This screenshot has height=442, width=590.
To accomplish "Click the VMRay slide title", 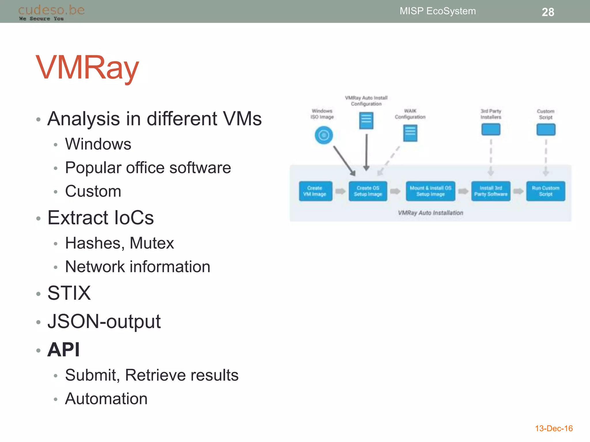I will [x=87, y=68].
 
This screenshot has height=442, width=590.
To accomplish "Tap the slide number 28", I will [x=548, y=12].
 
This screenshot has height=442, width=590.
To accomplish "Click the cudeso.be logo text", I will [x=51, y=10].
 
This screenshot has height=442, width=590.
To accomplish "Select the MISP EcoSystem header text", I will [x=437, y=11].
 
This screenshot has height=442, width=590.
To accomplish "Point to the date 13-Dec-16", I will [x=553, y=428].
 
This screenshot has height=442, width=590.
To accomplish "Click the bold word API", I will [x=63, y=350].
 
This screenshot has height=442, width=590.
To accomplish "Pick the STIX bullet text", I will [x=69, y=293].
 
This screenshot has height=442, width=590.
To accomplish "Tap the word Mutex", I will [x=152, y=243].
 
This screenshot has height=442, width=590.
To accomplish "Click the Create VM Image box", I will [x=315, y=191].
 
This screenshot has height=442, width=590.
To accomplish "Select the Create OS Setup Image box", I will [x=368, y=191].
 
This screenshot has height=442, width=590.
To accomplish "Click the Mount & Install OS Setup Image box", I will [x=430, y=191].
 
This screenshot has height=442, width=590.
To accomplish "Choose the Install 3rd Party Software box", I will [x=491, y=191].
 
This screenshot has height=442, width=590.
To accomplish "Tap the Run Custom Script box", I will [x=545, y=191].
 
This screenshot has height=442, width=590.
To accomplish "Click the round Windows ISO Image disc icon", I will [x=324, y=135].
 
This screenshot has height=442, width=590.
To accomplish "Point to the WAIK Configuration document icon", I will [x=410, y=133].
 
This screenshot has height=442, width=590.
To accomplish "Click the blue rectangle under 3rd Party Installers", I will [x=491, y=129].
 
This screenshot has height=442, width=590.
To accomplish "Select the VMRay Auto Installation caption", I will [x=430, y=213].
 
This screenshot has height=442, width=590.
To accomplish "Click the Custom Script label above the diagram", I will [x=545, y=114].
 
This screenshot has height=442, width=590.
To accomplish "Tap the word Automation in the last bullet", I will [x=106, y=399].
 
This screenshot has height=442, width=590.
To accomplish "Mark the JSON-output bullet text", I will [x=104, y=321].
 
